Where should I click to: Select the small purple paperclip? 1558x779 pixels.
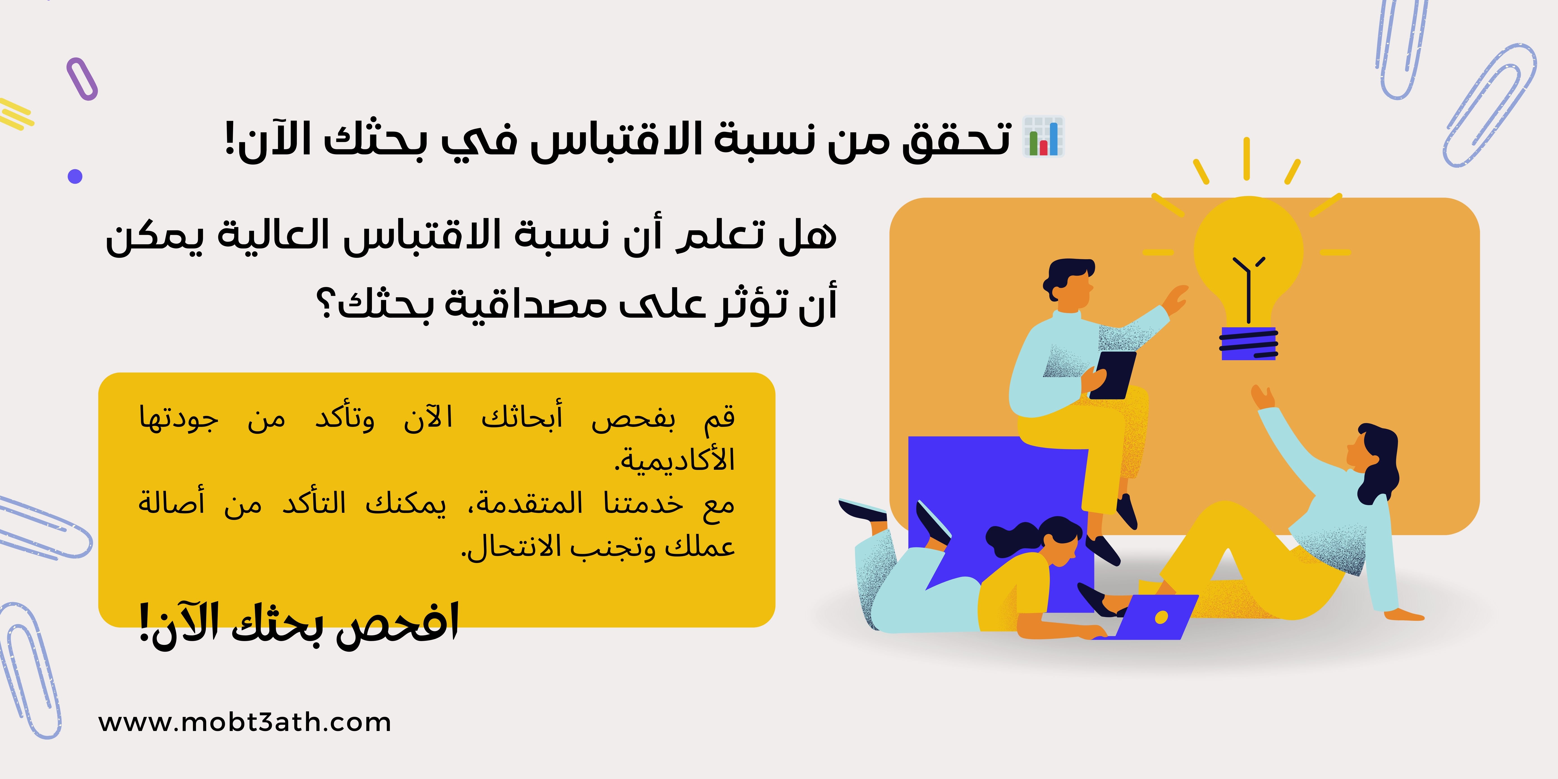click(x=82, y=79)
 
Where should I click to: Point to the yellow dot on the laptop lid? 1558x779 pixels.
click(x=1161, y=617)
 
